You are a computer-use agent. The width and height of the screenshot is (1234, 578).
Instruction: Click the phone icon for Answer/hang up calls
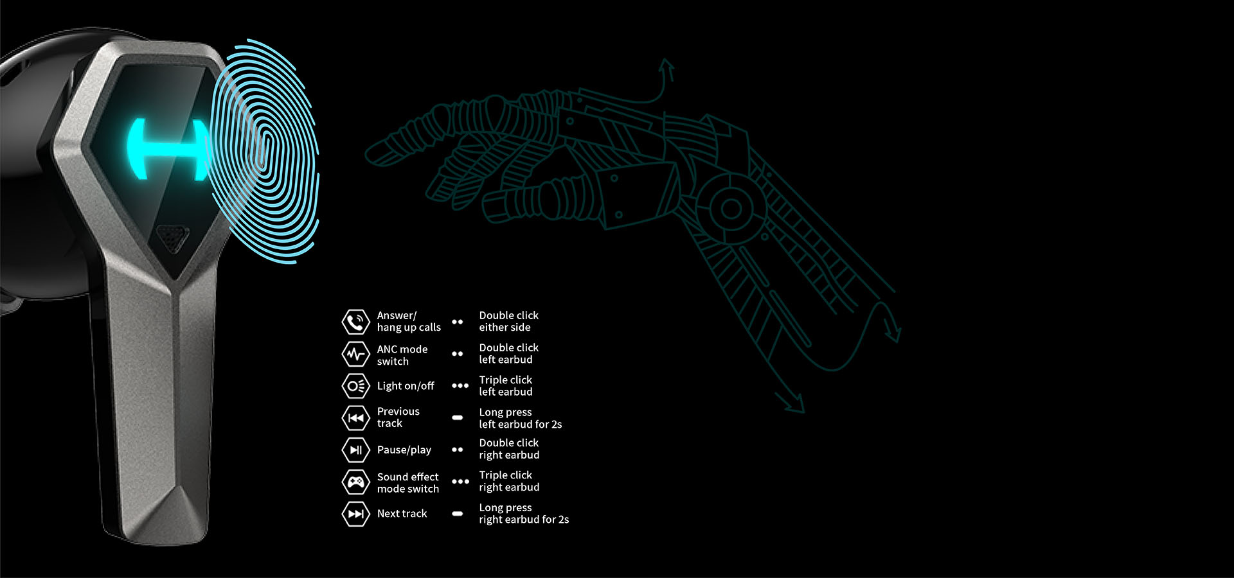(355, 322)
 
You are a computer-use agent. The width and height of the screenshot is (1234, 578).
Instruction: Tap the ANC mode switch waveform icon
(355, 354)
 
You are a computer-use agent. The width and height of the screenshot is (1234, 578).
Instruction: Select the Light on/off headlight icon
(355, 386)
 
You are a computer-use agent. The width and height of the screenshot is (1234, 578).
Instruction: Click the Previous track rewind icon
(355, 418)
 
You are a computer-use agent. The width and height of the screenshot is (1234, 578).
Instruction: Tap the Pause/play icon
(355, 450)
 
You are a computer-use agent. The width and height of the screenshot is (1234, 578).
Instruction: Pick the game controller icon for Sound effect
(355, 482)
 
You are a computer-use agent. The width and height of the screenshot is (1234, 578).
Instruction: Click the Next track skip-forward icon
(355, 514)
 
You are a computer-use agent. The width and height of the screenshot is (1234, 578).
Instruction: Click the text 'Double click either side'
(508, 321)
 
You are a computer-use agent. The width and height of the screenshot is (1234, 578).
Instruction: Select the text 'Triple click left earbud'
(506, 385)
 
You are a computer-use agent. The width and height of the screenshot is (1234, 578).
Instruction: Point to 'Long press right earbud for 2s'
(523, 513)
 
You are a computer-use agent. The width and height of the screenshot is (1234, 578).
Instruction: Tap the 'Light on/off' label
(406, 386)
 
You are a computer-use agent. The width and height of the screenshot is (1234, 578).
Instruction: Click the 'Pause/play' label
(404, 450)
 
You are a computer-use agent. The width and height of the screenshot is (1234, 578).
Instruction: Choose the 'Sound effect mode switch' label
(408, 482)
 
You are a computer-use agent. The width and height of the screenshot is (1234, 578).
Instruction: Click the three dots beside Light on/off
(460, 385)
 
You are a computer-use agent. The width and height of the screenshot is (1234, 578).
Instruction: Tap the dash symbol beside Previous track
(458, 417)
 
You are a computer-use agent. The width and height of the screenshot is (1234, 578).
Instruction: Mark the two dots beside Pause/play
(458, 450)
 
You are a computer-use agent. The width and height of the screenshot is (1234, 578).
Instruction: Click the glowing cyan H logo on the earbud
(168, 149)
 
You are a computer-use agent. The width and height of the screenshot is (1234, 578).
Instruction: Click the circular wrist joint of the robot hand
(731, 208)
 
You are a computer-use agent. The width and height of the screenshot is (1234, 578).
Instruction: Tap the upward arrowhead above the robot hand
(666, 64)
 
